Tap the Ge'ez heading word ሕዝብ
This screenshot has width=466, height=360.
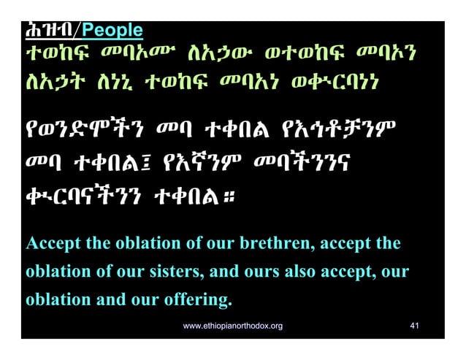click(50, 31)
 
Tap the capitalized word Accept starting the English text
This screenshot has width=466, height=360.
click(50, 243)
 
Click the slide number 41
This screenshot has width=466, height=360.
click(414, 326)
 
